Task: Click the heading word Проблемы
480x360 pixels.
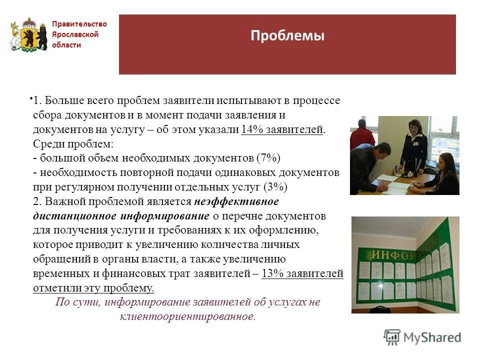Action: [287, 36]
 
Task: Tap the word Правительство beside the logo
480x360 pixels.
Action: [79, 24]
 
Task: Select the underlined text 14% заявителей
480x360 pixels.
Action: [282, 129]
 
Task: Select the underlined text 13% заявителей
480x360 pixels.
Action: [302, 273]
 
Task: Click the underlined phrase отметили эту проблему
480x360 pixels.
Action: [93, 288]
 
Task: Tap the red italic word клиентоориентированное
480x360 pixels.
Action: [187, 316]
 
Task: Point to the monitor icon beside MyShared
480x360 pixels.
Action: [392, 337]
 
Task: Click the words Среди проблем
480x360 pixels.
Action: [73, 144]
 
